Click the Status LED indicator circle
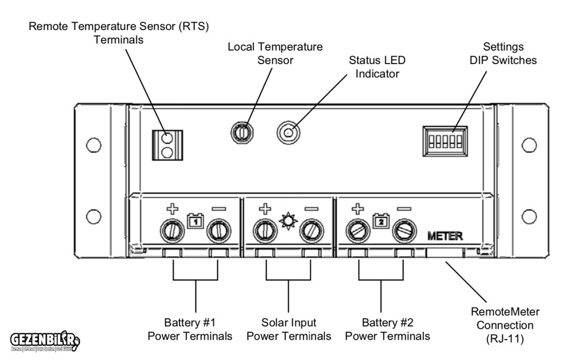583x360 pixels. click(x=288, y=132)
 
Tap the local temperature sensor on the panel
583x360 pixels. click(x=241, y=131)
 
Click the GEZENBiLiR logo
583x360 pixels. click(x=44, y=339)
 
